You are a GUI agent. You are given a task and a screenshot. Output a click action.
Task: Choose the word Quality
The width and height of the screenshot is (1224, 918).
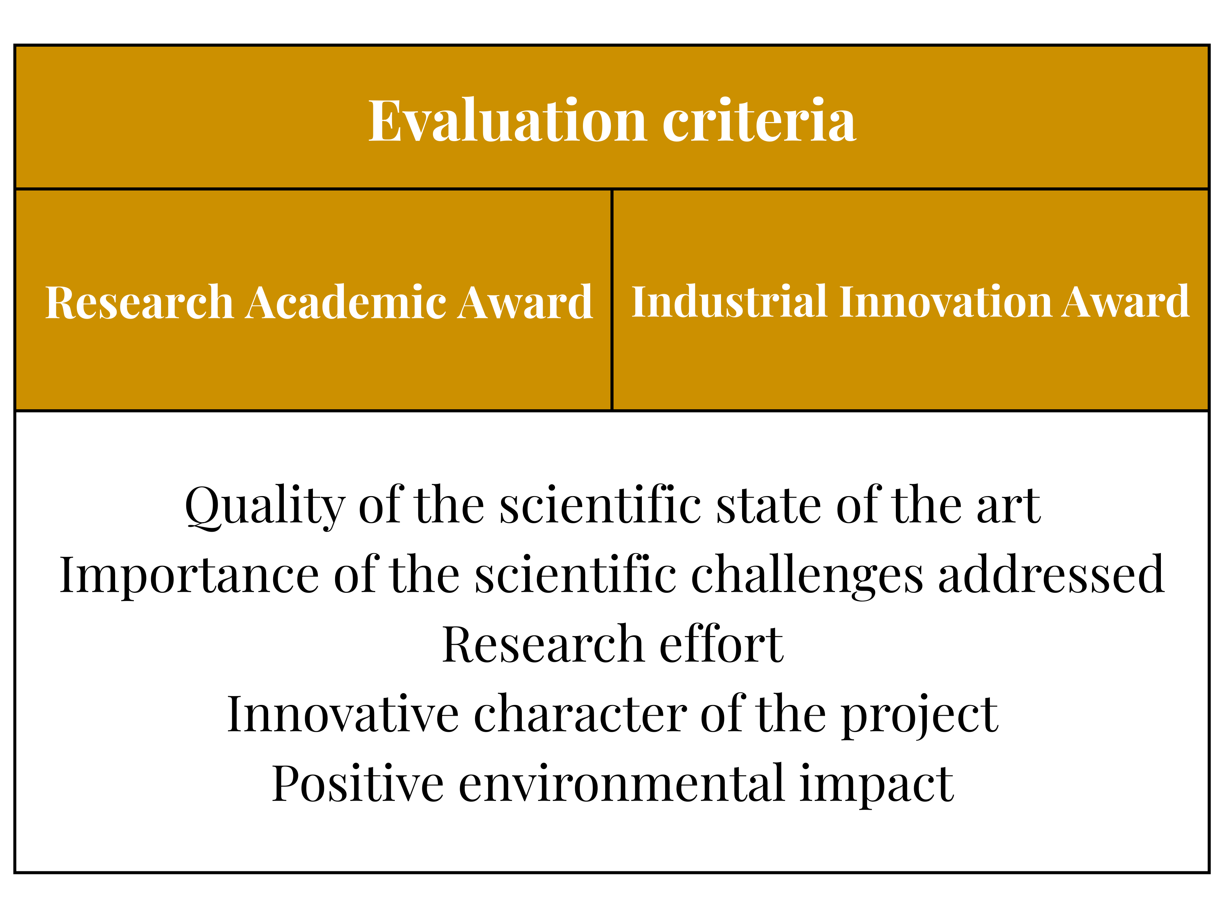tap(265, 507)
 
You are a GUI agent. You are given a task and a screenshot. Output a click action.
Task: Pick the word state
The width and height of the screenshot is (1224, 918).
tap(769, 507)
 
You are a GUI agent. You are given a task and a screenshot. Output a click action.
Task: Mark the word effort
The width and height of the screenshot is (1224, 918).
tap(721, 644)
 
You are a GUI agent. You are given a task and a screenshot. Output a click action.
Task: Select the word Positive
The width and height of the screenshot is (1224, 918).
tap(358, 784)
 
